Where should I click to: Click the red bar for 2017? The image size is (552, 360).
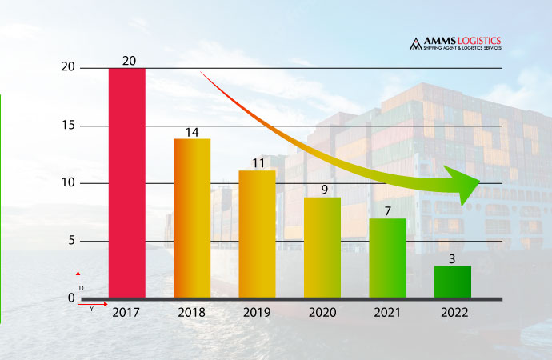pos(126,182)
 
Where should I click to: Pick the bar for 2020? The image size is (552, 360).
pos(322,247)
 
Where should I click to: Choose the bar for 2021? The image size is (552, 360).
pos(387,258)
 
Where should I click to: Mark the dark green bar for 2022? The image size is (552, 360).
pos(452,282)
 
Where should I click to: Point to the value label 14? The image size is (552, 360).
pos(192,132)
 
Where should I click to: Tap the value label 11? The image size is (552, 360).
pos(257,163)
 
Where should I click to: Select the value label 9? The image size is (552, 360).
pos(322,190)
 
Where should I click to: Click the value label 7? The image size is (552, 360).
pos(387,211)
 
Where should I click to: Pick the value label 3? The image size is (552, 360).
pos(452,259)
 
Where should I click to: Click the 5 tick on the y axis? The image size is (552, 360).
pos(71,241)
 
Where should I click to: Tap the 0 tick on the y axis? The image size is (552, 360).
pos(71,298)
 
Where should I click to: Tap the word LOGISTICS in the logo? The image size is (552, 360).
pos(478,41)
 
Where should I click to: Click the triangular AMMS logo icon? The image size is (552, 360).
pos(415,43)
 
